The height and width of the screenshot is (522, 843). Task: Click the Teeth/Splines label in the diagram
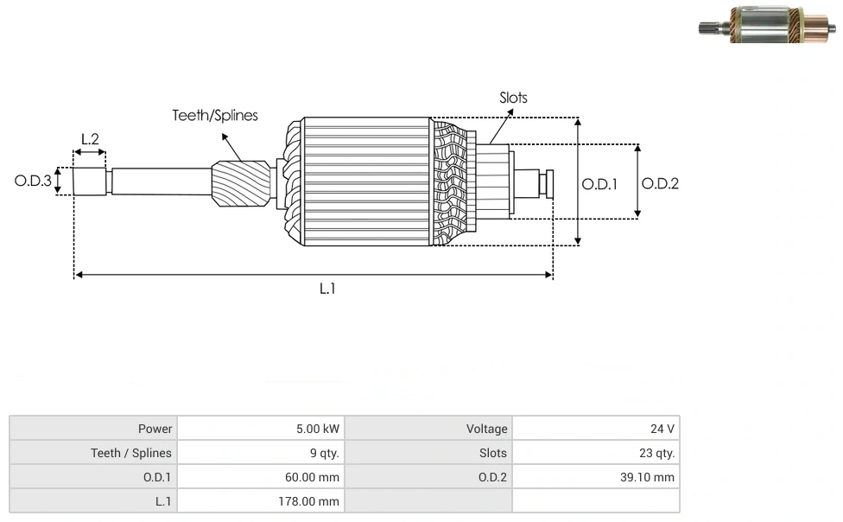214,116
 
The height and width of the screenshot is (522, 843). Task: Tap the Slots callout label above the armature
513,98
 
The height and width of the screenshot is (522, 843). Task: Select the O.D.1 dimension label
599,183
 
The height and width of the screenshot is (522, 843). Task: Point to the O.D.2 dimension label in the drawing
660,183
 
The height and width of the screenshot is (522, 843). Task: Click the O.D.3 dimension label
33,181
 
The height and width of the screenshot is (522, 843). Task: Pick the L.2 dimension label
90,138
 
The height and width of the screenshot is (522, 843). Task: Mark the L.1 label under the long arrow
327,289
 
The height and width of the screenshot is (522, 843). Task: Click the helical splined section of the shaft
240,185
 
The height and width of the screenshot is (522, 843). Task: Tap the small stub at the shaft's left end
89,181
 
